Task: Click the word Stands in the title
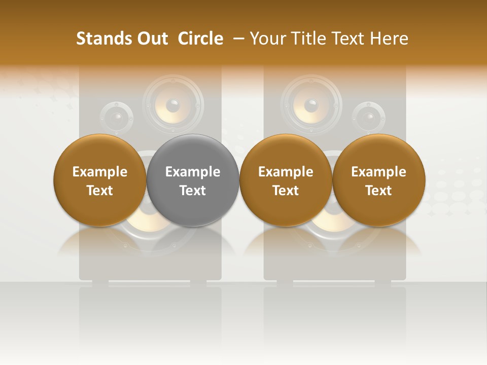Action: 99,39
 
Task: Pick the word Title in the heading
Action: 309,39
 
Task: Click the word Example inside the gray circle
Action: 193,172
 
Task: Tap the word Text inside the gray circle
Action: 193,191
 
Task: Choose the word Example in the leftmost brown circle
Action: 100,172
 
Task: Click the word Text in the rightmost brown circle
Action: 378,191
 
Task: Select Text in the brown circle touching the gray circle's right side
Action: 286,191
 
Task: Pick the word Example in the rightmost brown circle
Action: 378,172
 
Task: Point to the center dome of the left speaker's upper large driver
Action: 173,105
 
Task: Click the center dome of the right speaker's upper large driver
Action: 311,105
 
